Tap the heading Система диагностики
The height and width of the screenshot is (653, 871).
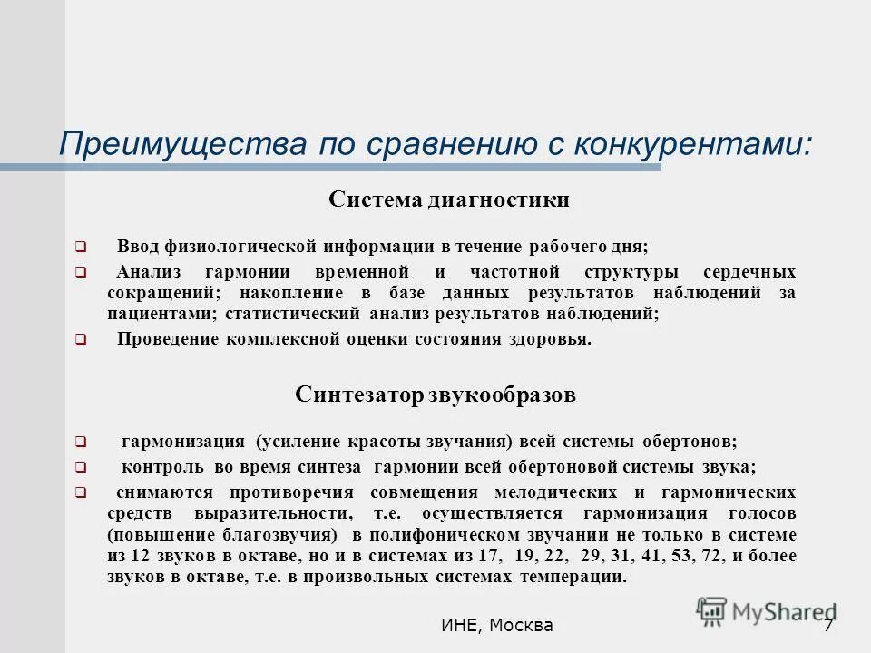(x=449, y=200)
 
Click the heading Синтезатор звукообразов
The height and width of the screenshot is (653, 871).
(x=435, y=395)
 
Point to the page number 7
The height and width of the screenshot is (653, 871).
(x=828, y=626)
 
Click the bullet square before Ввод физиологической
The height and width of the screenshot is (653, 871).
(x=80, y=247)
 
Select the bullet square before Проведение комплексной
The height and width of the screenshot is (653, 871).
(x=80, y=340)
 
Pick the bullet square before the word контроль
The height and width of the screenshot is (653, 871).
(x=80, y=468)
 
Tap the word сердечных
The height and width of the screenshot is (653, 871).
(x=749, y=272)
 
